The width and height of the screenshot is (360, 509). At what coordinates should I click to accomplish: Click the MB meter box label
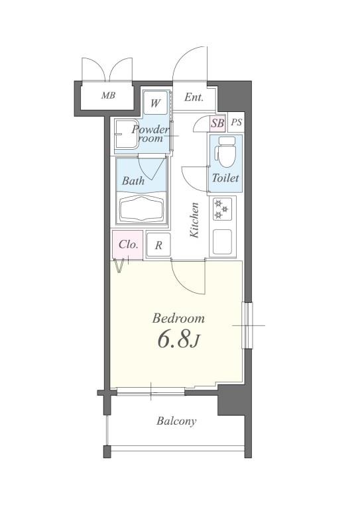108,95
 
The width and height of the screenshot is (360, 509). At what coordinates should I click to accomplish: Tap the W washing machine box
156,103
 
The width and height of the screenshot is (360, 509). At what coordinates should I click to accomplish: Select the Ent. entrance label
194,97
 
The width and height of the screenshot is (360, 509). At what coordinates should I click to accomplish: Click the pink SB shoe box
217,123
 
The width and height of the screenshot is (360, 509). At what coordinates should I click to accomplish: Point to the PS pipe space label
237,123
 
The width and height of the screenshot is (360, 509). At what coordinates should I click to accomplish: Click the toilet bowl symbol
226,152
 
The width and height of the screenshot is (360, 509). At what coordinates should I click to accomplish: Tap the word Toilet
225,178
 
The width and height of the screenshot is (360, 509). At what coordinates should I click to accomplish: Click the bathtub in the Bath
141,209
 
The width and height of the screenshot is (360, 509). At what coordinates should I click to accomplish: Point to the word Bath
133,180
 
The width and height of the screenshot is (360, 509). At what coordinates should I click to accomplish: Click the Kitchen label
194,220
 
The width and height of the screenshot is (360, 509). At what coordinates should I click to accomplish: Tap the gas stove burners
222,209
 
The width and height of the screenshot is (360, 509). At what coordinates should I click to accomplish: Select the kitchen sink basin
222,242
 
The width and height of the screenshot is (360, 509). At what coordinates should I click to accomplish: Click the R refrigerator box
158,245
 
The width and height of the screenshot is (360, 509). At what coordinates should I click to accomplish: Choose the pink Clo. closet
127,245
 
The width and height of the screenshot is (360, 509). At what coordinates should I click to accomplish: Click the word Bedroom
178,318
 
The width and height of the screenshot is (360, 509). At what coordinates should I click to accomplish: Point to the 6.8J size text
178,340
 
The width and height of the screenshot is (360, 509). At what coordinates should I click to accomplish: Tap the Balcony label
176,422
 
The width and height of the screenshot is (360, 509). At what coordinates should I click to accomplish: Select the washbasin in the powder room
127,135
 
